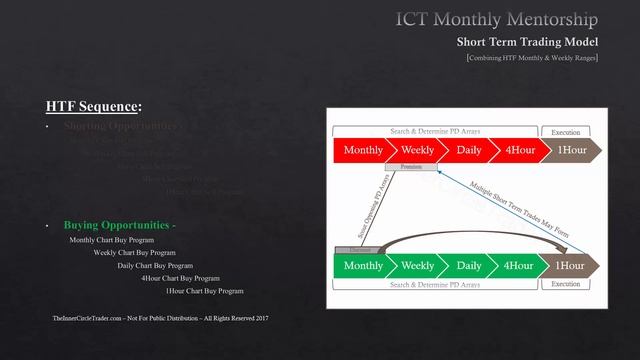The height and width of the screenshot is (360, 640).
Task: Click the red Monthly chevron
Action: tap(362, 150)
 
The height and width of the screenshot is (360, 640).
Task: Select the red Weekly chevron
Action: tap(417, 150)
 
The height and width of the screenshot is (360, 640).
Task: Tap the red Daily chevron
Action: tap(468, 150)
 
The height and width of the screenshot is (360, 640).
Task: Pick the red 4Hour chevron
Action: tap(519, 150)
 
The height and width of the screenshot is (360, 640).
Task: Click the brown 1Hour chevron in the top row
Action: tap(571, 150)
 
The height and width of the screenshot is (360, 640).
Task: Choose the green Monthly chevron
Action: tap(362, 266)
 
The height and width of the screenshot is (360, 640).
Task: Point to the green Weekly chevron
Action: tap(417, 266)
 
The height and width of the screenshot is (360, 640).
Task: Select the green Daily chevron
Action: tap(468, 266)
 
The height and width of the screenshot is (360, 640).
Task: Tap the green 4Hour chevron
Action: tap(519, 266)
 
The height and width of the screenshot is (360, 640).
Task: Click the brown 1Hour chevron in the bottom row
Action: tap(571, 266)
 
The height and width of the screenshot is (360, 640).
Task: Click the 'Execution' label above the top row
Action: tap(566, 131)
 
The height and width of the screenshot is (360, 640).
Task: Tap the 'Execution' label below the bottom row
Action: tap(566, 284)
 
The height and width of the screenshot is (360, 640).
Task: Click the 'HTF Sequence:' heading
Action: tap(94, 106)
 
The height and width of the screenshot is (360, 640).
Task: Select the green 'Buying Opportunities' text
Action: tap(119, 225)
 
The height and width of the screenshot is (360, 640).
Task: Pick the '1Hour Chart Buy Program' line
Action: tap(204, 291)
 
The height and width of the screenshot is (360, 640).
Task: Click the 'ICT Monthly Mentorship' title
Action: tap(497, 19)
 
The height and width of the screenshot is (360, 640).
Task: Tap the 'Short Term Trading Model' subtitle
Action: tap(527, 42)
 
